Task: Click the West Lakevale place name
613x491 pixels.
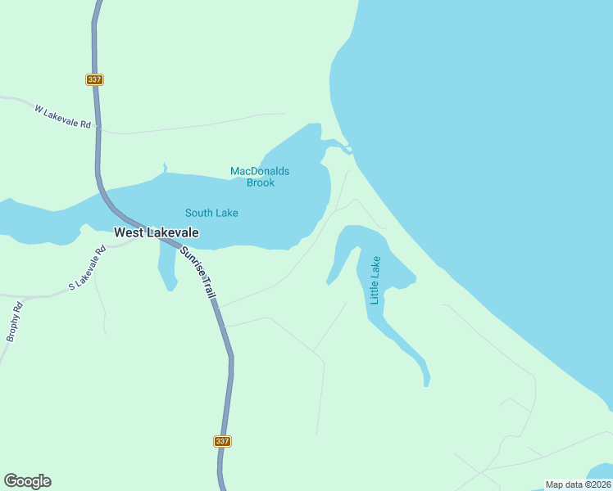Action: click(x=156, y=232)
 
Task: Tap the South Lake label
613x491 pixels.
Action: click(x=211, y=213)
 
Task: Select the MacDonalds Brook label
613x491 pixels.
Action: click(x=260, y=177)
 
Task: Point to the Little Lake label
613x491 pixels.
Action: click(x=375, y=281)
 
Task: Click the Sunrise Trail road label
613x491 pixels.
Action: click(x=198, y=271)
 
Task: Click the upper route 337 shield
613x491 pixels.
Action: click(x=93, y=79)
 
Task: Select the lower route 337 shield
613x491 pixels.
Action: click(x=222, y=441)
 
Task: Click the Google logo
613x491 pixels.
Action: click(x=27, y=481)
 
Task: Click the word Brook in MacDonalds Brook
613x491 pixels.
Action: click(x=261, y=182)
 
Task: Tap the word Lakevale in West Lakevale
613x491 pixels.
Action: click(x=173, y=232)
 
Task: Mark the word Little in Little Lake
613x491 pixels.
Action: click(x=375, y=291)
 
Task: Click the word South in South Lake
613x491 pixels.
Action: click(x=198, y=213)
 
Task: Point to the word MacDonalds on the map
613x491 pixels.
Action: click(x=260, y=171)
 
